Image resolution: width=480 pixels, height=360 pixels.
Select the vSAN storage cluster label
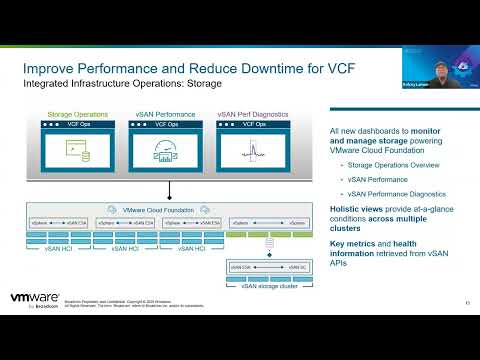(x=268, y=287)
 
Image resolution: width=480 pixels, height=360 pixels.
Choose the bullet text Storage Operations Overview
(x=381, y=165)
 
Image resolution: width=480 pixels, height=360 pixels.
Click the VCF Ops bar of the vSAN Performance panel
(x=163, y=125)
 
